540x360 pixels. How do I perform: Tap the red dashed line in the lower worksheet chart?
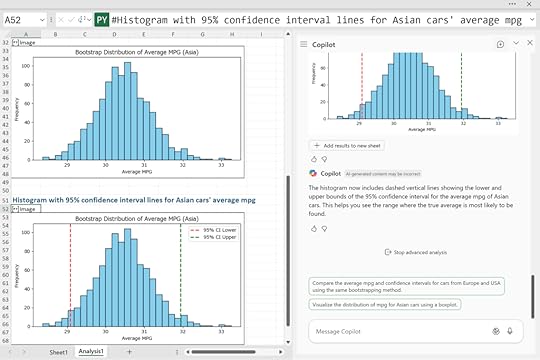tap(71, 271)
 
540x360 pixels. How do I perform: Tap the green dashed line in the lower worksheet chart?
tap(180, 271)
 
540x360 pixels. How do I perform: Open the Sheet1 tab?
tap(59, 352)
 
